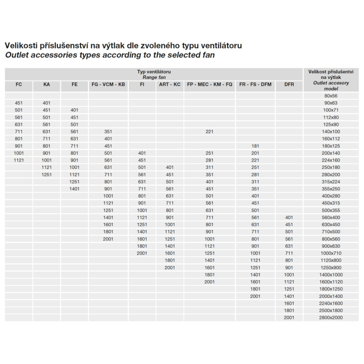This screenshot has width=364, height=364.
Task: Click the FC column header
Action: [x=19, y=84]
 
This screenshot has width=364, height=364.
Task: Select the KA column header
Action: [x=47, y=84]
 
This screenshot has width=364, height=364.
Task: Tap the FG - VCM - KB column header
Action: [x=108, y=84]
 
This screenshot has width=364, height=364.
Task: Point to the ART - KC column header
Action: [x=170, y=84]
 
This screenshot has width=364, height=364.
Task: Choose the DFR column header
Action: [x=289, y=84]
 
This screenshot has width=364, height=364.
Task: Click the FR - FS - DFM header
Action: [x=255, y=84]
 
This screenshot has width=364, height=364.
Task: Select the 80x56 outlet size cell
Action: [x=331, y=96]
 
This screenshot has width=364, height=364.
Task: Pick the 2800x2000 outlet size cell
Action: [x=331, y=318]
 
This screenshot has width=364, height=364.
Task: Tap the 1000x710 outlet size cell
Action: [x=331, y=253]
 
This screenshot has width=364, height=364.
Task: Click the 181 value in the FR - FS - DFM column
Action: [x=255, y=146]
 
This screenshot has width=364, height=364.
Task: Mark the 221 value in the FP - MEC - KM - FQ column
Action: [x=210, y=131]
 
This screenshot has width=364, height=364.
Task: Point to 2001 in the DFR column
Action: [x=289, y=318]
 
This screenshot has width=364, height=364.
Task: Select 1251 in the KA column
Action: [x=47, y=174]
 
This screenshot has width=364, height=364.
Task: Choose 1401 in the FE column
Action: [x=74, y=189]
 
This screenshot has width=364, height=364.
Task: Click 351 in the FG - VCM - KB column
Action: [x=108, y=131]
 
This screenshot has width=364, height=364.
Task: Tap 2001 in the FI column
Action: [x=142, y=253]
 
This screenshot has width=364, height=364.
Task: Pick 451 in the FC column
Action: [x=19, y=103]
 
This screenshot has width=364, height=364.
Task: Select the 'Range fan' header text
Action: [x=154, y=78]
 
